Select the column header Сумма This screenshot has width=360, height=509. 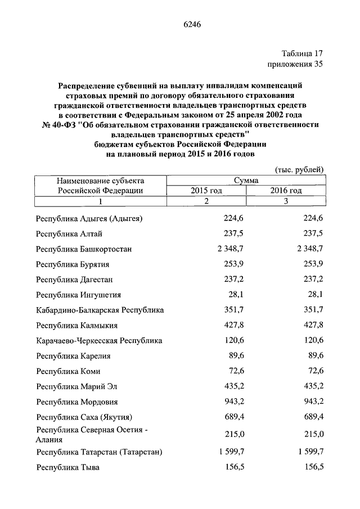[x=246, y=181]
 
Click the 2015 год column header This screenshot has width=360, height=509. [x=206, y=191]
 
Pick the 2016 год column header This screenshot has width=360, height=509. [x=286, y=191]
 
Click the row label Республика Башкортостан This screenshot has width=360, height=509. [x=84, y=249]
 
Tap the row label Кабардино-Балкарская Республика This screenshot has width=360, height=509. [x=99, y=310]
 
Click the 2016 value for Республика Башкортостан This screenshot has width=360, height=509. [x=307, y=249]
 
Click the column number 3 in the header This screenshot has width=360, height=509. [x=286, y=201]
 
